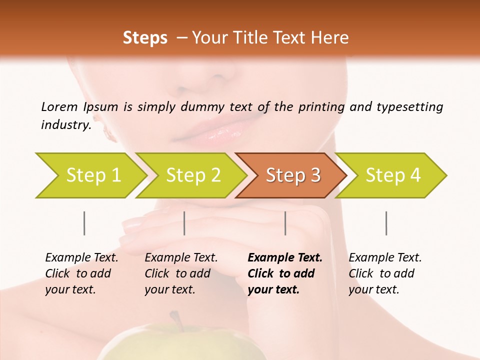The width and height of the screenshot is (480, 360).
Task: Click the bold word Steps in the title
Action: click(145, 37)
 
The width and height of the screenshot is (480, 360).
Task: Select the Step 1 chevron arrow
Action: click(90, 175)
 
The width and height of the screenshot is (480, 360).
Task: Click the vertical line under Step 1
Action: click(84, 223)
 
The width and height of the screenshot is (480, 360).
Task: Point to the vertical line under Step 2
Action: click(184, 223)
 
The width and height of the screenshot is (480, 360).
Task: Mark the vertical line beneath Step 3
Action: click(285, 223)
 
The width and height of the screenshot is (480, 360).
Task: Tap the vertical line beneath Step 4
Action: click(386, 223)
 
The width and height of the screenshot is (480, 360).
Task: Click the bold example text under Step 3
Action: click(284, 273)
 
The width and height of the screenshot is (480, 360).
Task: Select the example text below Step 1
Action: click(81, 273)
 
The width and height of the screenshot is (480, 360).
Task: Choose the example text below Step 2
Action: click(180, 273)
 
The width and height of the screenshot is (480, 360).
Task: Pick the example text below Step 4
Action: click(384, 273)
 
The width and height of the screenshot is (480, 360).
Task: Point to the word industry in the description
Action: click(65, 125)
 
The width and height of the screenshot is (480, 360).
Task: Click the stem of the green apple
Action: click(175, 320)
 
